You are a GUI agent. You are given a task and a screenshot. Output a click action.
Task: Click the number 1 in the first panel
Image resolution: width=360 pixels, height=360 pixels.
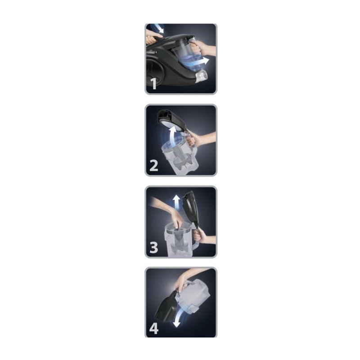point(154,84)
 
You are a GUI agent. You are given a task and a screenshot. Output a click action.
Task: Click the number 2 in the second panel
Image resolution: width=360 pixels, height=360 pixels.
point(154,165)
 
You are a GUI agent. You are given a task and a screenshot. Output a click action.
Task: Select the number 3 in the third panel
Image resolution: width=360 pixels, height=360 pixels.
point(154,247)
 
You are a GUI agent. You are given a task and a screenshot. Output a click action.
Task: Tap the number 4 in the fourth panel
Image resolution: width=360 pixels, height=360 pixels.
point(154,328)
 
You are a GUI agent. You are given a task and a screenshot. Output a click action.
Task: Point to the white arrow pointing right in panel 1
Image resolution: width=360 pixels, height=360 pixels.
point(202,61)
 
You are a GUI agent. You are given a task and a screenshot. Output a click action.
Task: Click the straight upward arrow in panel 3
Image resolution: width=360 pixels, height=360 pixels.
point(176,202)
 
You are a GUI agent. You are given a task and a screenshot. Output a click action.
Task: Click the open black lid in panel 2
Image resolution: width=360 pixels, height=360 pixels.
point(172,121)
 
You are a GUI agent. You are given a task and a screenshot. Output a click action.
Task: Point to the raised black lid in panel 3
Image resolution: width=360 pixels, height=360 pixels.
point(190,207)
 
